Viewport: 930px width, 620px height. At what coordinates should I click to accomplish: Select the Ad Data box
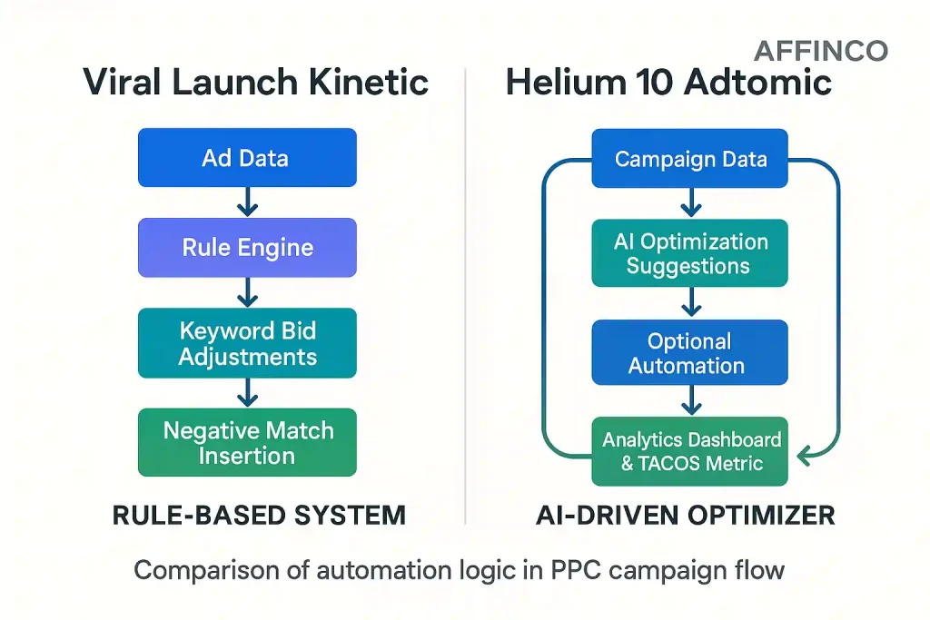tap(246, 158)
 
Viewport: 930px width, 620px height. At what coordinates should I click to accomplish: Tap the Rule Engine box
tap(247, 247)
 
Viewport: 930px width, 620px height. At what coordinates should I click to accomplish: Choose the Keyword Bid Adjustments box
tap(247, 343)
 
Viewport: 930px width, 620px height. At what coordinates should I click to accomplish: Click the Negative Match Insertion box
tap(247, 442)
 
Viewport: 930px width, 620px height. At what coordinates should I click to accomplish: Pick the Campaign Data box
tap(690, 159)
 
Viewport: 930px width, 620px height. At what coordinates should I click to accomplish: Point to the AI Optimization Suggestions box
tap(690, 253)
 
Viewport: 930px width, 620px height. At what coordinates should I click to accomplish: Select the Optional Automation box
tap(690, 353)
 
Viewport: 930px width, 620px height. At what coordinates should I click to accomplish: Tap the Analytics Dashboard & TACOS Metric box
tap(690, 451)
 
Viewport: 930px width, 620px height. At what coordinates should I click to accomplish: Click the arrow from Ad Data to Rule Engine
tap(247, 202)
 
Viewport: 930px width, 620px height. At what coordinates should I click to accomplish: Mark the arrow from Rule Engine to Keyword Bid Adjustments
tap(247, 292)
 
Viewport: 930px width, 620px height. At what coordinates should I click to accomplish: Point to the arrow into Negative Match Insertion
tap(247, 393)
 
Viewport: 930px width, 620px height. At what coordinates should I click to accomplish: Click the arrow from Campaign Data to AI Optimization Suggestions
tap(690, 203)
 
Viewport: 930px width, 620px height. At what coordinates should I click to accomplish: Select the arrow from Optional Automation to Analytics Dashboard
tap(690, 400)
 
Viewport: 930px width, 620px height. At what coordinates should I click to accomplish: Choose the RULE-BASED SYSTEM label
tap(258, 516)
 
